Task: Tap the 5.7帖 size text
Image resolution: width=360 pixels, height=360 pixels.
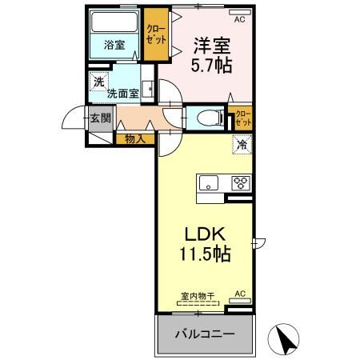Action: (212, 66)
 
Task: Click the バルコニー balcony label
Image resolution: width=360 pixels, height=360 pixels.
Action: (205, 334)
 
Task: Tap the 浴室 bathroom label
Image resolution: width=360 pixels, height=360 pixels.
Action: (114, 46)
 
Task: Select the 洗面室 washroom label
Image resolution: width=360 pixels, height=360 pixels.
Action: (123, 93)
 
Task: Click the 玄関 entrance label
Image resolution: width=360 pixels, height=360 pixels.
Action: (100, 119)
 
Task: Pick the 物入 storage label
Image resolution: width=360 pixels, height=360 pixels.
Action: (134, 138)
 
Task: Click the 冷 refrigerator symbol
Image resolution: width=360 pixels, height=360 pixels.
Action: (242, 146)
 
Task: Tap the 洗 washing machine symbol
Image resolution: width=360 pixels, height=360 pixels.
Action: (98, 81)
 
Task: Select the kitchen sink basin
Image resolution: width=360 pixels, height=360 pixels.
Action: (208, 181)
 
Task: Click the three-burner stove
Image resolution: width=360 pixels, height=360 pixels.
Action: (241, 182)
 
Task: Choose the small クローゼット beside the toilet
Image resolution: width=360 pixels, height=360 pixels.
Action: (241, 118)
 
